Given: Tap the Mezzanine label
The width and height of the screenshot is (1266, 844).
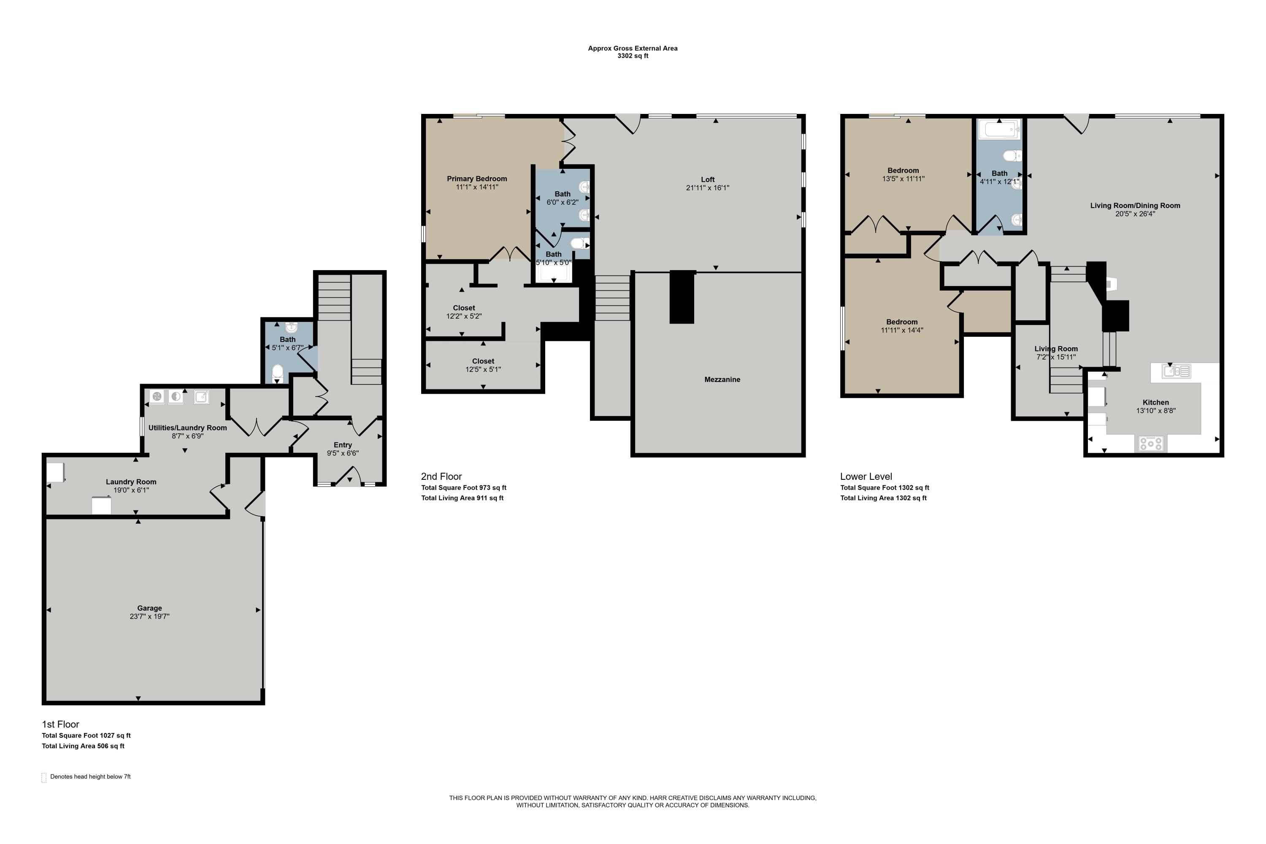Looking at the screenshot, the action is (722, 379).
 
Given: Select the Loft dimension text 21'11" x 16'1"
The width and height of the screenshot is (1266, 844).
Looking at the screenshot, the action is (707, 188).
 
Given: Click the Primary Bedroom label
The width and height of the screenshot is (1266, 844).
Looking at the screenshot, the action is (477, 179).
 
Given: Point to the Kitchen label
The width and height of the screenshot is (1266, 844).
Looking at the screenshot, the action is (1156, 402).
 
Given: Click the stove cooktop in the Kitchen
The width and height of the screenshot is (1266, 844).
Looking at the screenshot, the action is (1151, 444).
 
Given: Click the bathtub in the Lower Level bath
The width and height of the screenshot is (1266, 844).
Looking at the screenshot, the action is (1000, 129).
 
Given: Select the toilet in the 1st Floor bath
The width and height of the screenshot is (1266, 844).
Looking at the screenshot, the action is (278, 373).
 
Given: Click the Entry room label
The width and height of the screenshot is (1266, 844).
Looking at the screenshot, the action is (343, 445).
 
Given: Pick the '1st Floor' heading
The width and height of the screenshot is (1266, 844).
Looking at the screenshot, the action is (60, 724).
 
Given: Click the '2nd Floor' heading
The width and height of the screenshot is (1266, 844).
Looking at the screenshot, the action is (441, 476).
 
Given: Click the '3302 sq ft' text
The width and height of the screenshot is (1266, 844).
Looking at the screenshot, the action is (633, 56).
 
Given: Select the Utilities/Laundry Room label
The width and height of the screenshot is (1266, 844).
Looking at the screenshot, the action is (187, 428).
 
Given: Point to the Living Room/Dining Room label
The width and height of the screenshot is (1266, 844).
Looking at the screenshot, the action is (1135, 205).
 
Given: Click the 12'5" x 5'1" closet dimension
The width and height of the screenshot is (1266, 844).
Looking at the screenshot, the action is (483, 370).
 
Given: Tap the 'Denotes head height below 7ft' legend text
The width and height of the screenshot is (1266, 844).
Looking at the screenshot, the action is (90, 777).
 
